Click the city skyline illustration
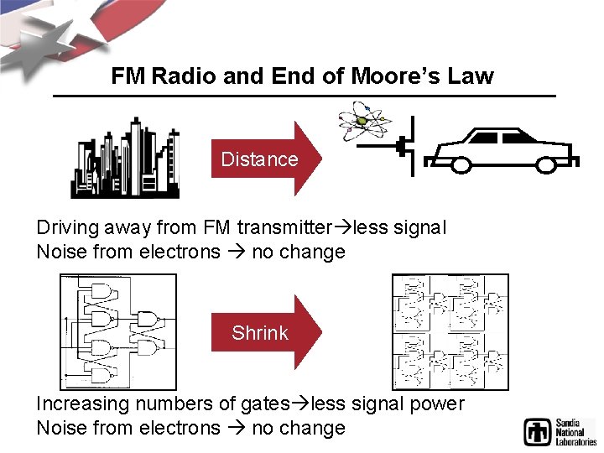(x=125, y=159)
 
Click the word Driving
(x=68, y=227)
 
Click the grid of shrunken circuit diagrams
(x=450, y=331)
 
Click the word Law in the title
(x=471, y=77)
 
